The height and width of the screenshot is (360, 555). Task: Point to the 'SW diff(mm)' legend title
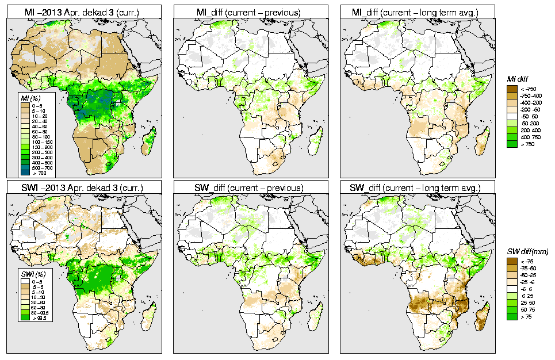(x=527, y=251)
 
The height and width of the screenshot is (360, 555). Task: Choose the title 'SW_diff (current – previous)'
(x=251, y=187)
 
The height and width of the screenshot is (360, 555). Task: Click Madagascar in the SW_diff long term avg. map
(x=483, y=316)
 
